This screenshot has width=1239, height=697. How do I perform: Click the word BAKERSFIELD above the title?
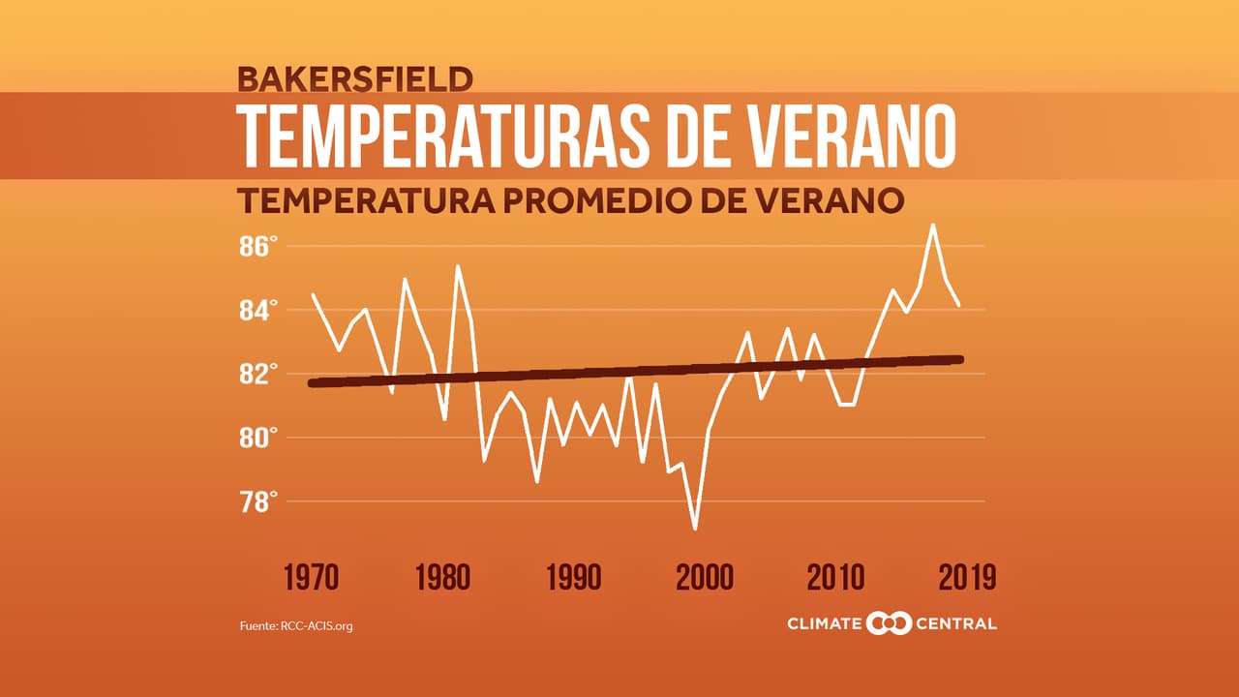point(354,77)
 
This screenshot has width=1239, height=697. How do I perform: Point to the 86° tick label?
point(258,247)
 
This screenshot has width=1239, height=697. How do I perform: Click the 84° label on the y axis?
point(258,311)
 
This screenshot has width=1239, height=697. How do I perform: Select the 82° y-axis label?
point(258,375)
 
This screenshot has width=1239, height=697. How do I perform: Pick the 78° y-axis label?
point(258,502)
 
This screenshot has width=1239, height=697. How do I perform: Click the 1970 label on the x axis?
point(311,578)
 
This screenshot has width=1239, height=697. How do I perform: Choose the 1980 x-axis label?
point(442,578)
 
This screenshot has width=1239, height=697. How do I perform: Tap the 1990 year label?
point(573,578)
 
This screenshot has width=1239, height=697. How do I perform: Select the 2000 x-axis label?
point(705,578)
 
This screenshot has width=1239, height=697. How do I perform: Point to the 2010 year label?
point(835,578)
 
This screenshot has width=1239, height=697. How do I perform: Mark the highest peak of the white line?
point(932,225)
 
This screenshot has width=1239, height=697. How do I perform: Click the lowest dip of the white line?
point(695,529)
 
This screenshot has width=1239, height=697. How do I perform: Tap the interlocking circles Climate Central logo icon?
point(889,623)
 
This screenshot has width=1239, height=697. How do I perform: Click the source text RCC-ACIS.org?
point(317,626)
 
